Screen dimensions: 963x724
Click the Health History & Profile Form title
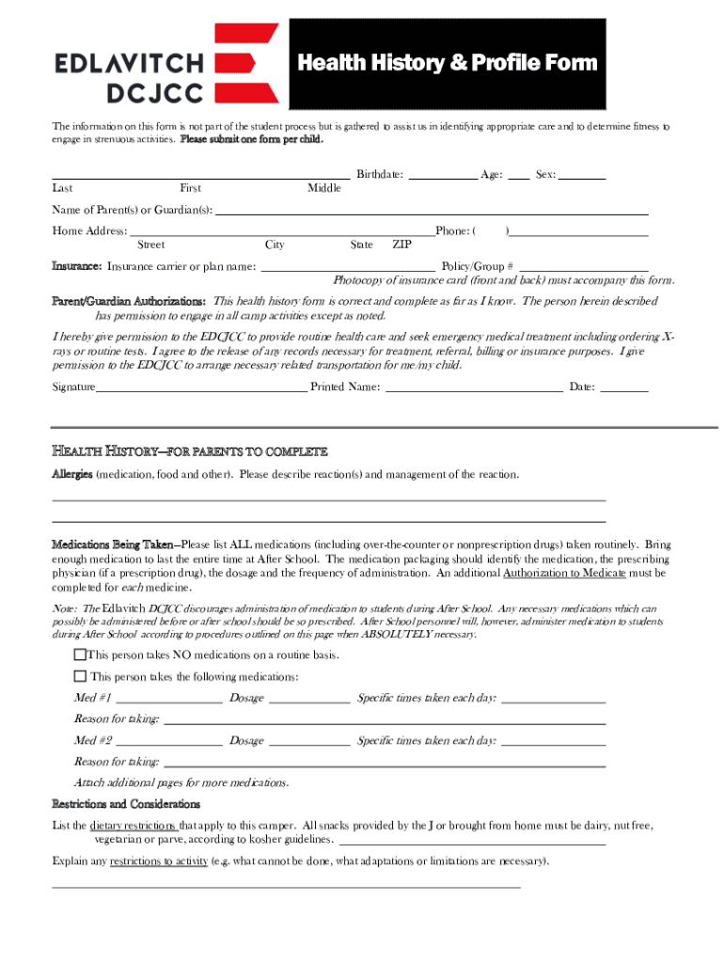click(447, 63)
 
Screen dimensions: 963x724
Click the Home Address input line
click(281, 231)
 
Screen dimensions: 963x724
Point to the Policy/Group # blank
click(583, 267)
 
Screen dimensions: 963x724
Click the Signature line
click(201, 387)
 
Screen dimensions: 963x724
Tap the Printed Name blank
click(474, 387)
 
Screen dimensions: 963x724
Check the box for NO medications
click(80, 655)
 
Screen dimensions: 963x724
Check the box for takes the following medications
click(80, 677)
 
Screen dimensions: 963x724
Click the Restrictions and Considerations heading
click(125, 804)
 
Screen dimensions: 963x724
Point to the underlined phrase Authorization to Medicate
click(564, 573)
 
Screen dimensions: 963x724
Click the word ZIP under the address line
click(401, 245)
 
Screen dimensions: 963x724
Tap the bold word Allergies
click(71, 475)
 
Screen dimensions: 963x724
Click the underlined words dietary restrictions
click(133, 826)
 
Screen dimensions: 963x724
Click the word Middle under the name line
click(324, 189)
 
